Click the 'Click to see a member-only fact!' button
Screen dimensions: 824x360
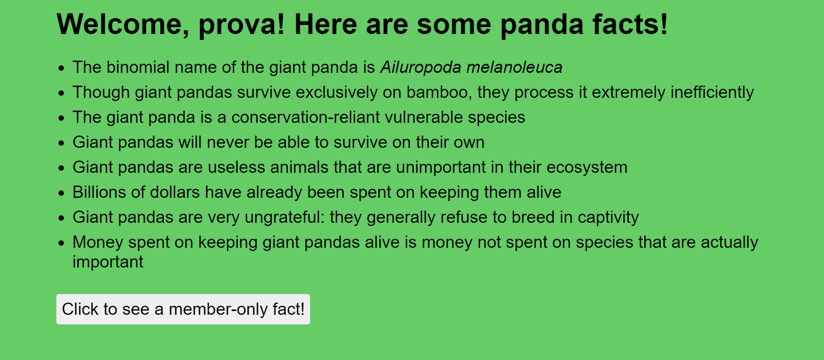tap(183, 309)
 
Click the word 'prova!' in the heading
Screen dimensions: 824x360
tap(242, 25)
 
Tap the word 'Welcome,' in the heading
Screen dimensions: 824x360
tap(123, 24)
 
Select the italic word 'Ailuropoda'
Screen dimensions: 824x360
tap(421, 68)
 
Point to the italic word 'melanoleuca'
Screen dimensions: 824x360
tap(514, 68)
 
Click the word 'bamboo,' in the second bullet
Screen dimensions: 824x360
tap(439, 93)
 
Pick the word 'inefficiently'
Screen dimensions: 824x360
tap(712, 93)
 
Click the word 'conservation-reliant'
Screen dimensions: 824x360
tap(305, 118)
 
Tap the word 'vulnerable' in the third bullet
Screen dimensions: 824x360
tap(424, 118)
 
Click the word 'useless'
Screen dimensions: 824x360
tap(236, 168)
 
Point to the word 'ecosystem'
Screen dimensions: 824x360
tap(587, 168)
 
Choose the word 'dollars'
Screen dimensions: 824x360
tap(174, 192)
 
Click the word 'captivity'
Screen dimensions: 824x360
tap(608, 217)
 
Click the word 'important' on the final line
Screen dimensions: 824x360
tap(108, 262)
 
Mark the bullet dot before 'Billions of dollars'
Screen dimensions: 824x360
tap(61, 193)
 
